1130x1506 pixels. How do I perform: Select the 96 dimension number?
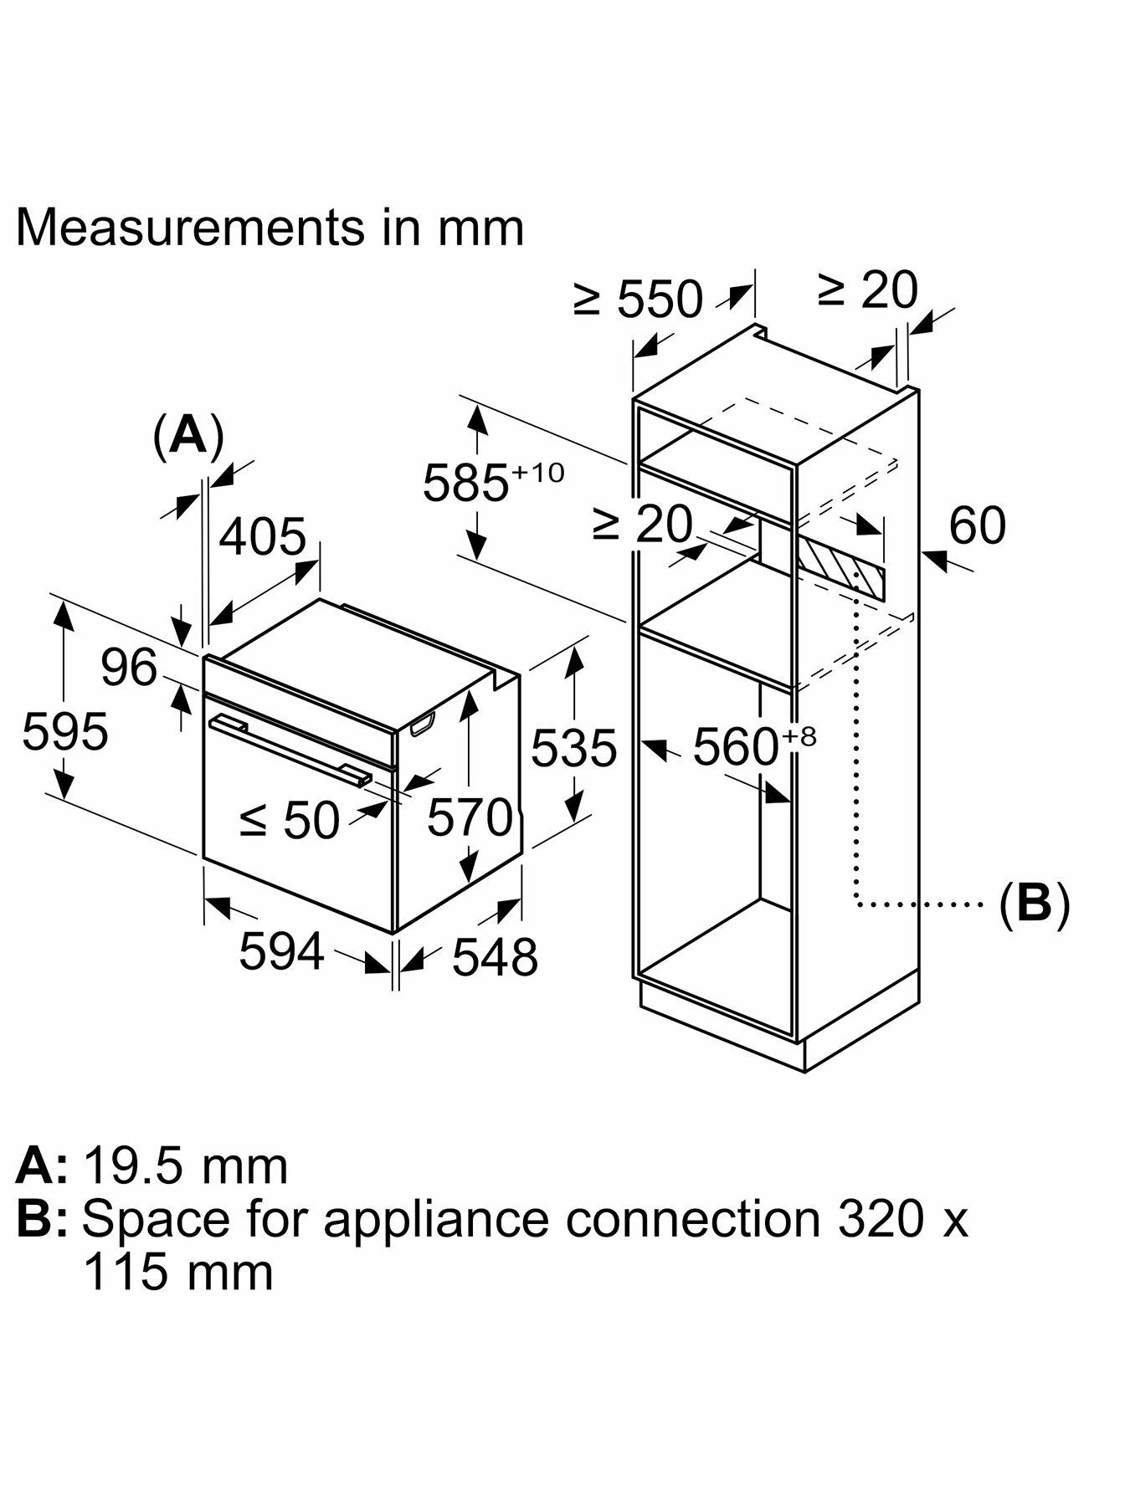[x=129, y=668]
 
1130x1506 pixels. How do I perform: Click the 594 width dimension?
[x=281, y=951]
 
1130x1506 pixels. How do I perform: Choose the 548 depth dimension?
[x=495, y=955]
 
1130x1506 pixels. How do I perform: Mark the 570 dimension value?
[x=469, y=817]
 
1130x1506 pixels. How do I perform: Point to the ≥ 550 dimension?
[x=638, y=299]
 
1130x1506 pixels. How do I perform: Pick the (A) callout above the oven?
[x=188, y=436]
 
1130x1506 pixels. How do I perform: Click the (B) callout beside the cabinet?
[x=1035, y=904]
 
